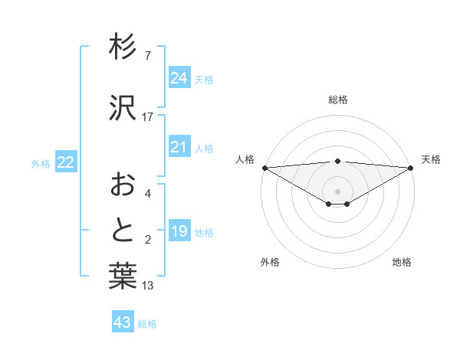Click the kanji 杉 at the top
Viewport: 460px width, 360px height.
coord(123,48)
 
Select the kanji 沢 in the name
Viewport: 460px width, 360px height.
coord(123,106)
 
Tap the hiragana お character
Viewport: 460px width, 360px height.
coord(123,185)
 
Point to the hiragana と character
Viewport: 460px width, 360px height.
coord(123,231)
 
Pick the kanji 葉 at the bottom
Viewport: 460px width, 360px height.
coord(123,277)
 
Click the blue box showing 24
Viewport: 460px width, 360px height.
coord(179,78)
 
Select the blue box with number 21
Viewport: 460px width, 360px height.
coord(179,147)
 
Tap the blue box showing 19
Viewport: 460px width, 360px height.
coord(179,231)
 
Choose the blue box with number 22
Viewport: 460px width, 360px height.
coord(66,162)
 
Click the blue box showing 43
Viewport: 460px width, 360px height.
coord(122,322)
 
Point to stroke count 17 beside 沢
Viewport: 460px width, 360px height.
coord(148,117)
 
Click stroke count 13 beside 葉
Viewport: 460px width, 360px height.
coord(148,286)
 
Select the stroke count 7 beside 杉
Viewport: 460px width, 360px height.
coord(148,56)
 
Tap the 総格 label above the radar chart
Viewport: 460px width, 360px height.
coord(338,100)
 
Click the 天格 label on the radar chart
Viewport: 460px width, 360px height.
coord(431,159)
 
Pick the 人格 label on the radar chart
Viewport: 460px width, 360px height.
coord(245,159)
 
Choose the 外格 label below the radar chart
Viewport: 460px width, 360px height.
coord(270,262)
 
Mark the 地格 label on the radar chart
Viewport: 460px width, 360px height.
coord(402,262)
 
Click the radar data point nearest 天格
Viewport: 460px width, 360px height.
coord(411,167)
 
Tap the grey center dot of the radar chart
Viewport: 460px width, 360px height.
coord(337,190)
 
